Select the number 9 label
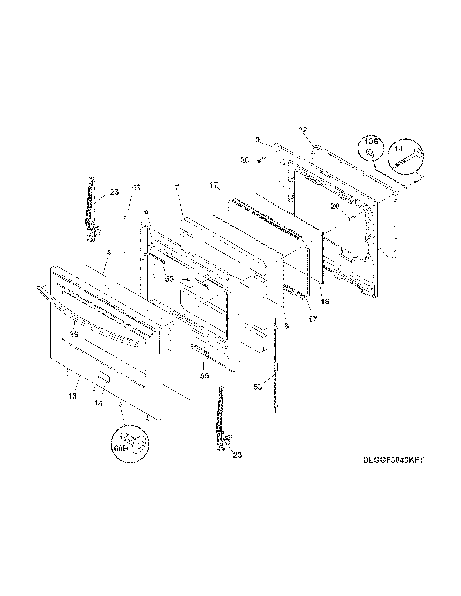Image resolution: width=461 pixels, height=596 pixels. point(257,140)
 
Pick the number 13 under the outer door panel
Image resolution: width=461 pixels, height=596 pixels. point(73,396)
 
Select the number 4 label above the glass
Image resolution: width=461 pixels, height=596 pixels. point(108,253)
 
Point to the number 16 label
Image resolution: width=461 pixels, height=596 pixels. point(325,301)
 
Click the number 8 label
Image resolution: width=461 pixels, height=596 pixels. point(286,325)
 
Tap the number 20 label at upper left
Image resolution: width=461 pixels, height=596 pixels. point(245,160)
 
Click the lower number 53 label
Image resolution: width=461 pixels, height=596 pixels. point(258,386)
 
